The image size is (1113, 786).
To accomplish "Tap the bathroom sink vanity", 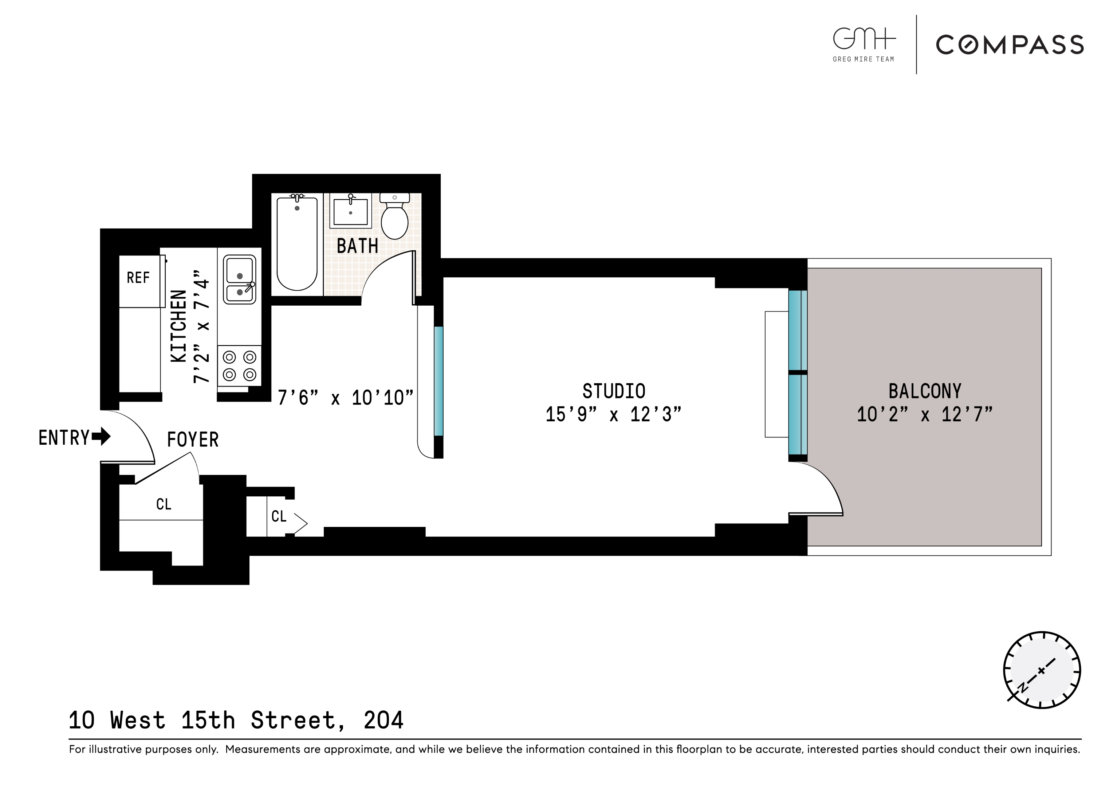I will click(350, 211).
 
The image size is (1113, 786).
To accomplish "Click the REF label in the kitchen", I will click(138, 278).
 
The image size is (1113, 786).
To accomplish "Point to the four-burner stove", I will click(240, 366).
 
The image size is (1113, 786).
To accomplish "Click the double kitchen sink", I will click(240, 280).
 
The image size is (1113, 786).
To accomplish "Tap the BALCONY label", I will click(924, 391).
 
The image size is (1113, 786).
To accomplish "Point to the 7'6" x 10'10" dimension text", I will click(345, 398).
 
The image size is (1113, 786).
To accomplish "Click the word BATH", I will click(357, 246).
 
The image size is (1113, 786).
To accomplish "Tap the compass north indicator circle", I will click(1041, 671).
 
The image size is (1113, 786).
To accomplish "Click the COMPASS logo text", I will click(1009, 45).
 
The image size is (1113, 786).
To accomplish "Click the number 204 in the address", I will click(384, 720).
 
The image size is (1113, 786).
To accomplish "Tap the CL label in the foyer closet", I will click(164, 505).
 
